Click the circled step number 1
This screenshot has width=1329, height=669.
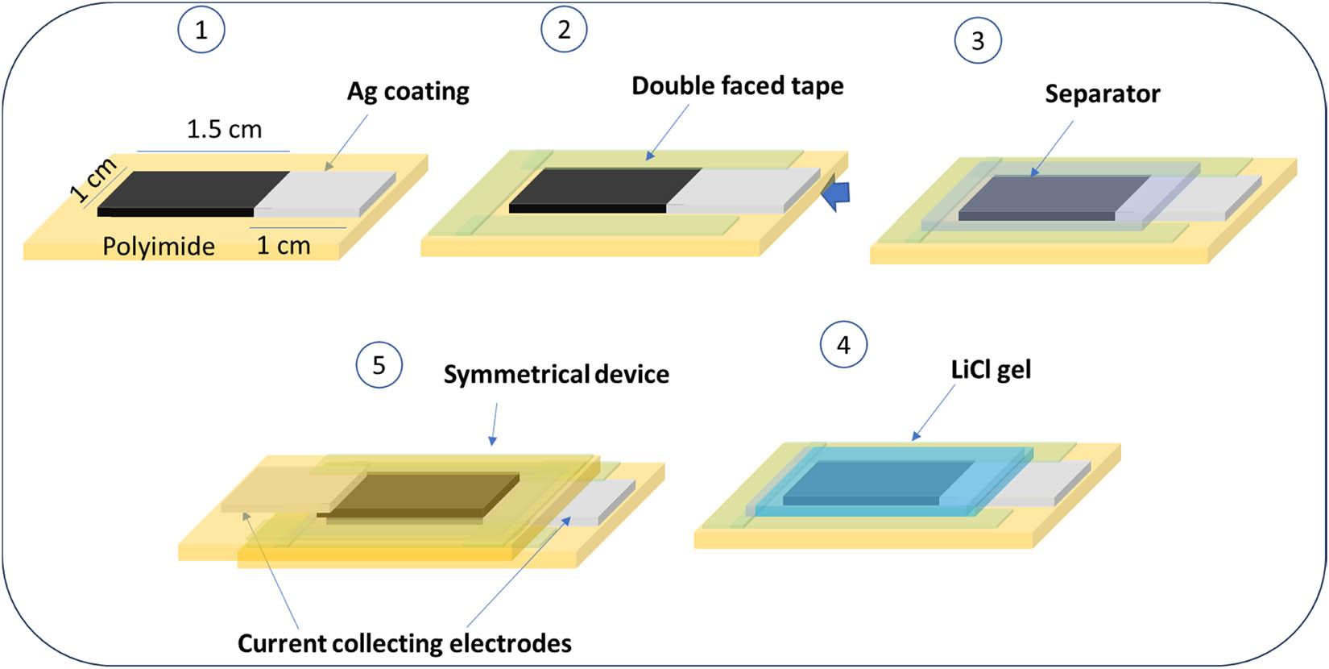201,30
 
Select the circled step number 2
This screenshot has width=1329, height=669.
564,29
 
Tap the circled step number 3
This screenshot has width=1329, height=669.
978,40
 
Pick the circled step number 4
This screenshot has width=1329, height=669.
843,345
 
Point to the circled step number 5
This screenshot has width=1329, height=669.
379,365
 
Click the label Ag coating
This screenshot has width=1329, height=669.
408,91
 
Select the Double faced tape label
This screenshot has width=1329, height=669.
737,85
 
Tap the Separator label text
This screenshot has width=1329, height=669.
1102,93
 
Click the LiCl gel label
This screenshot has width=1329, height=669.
991,370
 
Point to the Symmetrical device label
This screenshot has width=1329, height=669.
556,374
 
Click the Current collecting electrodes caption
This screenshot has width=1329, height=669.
404,643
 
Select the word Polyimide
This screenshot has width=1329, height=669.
159,246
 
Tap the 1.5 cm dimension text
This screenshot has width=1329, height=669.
224,129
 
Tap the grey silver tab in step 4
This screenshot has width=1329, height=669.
1039,484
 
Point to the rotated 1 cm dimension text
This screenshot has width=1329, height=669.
93,181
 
